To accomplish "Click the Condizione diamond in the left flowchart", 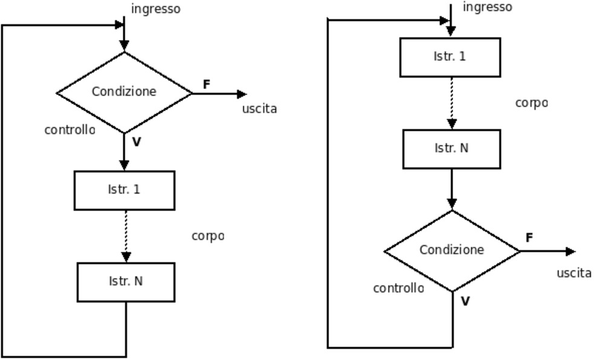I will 124,93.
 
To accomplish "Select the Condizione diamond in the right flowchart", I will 452,250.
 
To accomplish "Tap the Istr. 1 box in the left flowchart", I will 125,190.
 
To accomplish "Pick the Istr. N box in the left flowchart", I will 126,282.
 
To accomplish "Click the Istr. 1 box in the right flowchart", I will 450,57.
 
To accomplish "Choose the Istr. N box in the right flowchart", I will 451,149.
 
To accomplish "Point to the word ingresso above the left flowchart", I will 155,9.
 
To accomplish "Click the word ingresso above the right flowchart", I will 487,7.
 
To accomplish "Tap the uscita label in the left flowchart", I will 259,109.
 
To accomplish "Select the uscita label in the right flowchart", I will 574,273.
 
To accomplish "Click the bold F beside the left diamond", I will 206,85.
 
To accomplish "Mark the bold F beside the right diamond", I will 529,238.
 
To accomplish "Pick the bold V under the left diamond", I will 137,142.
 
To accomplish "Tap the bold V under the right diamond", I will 465,301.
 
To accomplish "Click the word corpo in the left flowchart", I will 207,236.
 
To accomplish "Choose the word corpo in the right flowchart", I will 531,103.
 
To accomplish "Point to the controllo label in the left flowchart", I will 70,129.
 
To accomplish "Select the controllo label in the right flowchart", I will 398,288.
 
